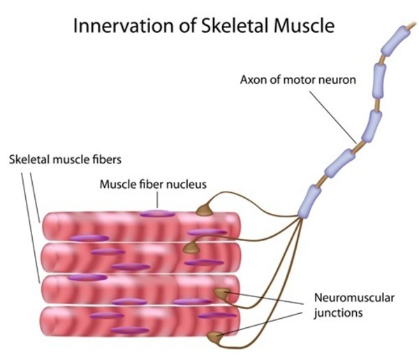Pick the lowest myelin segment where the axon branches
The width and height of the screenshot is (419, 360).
click(x=308, y=203)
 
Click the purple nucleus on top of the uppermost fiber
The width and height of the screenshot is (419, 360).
click(x=156, y=213)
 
